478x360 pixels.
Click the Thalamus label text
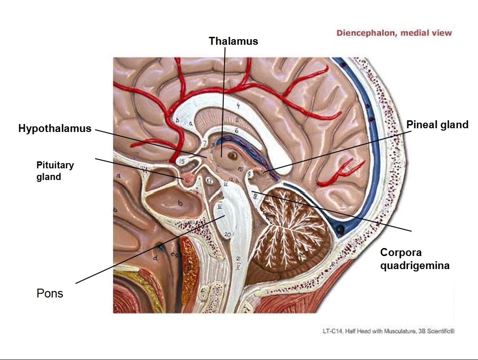tap(233, 41)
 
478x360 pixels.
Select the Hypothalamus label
tap(55, 128)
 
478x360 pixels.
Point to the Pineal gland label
tap(437, 125)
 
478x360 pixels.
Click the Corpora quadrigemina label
tap(415, 259)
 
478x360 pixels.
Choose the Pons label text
tap(50, 293)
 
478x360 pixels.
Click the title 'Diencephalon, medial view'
tap(394, 33)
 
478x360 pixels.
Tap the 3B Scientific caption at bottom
tap(388, 331)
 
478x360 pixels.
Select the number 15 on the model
tap(183, 161)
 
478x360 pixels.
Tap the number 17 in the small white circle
tap(210, 181)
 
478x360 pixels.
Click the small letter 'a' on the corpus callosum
tap(191, 123)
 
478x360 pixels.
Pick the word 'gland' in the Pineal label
tap(455, 125)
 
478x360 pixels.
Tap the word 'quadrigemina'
tap(415, 266)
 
